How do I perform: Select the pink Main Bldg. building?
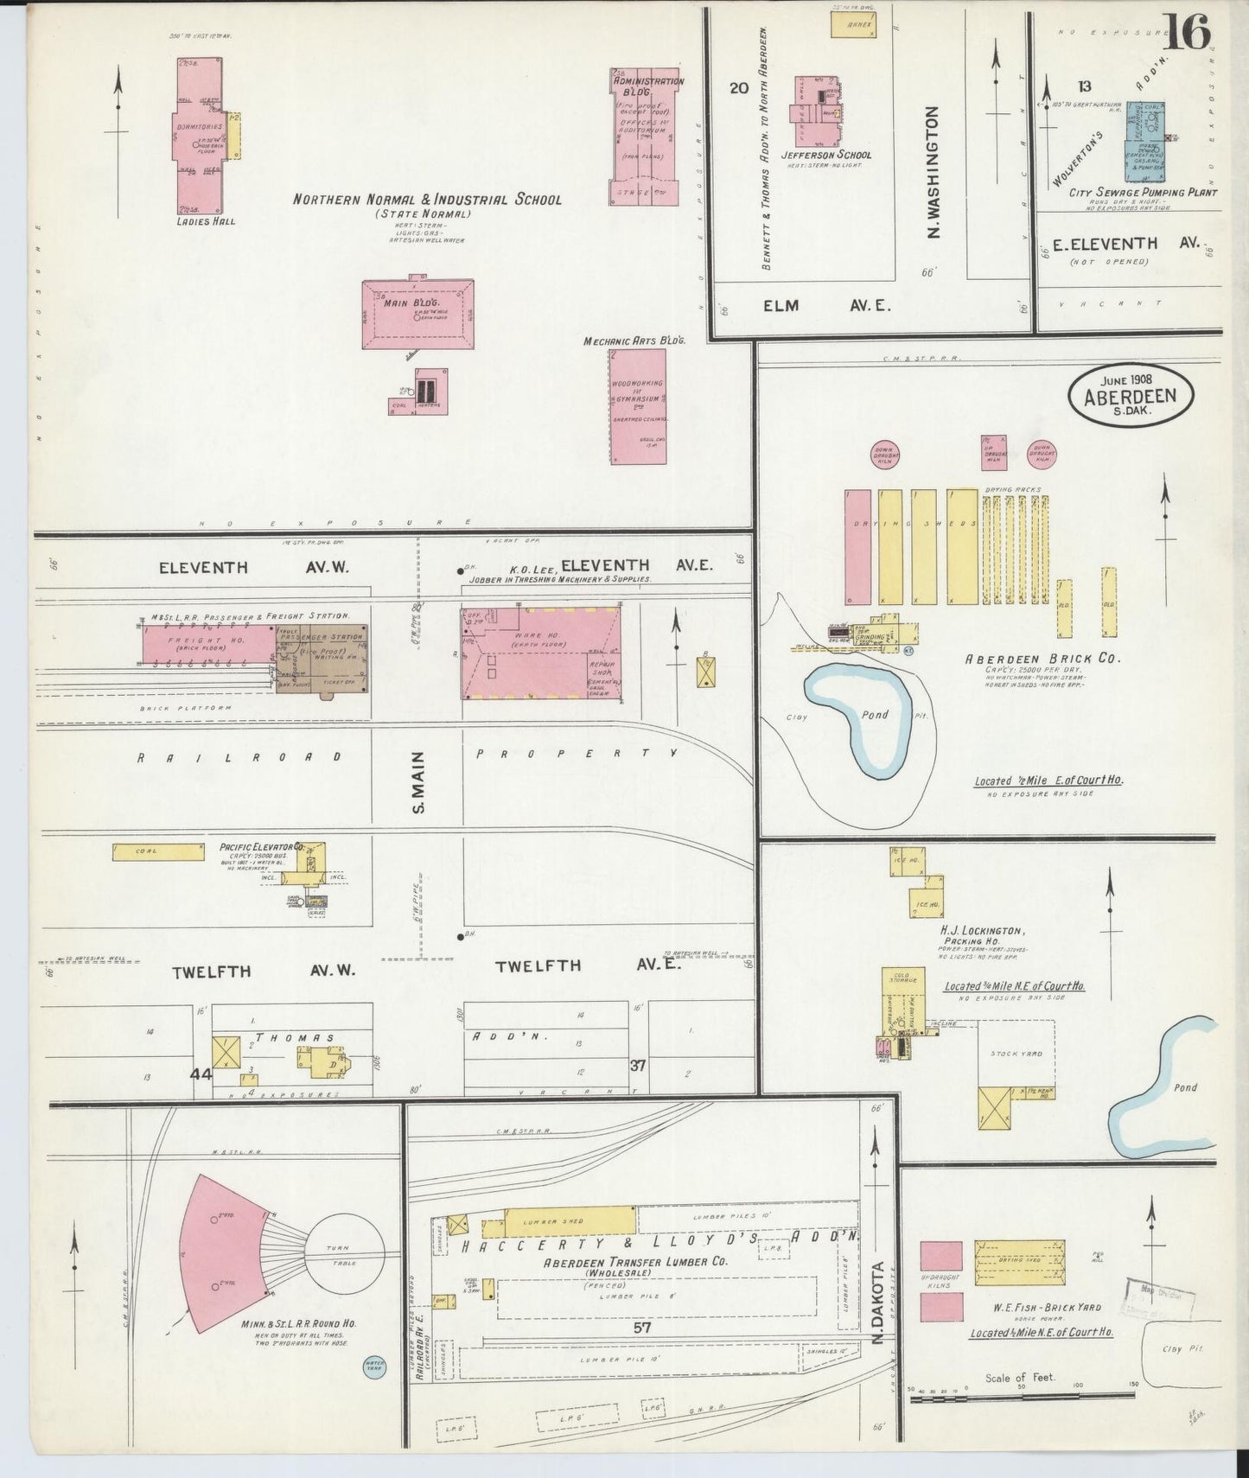pyautogui.click(x=417, y=314)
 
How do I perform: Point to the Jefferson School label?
pyautogui.click(x=825, y=156)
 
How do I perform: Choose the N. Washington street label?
pyautogui.click(x=933, y=173)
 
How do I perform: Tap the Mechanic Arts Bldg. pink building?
pyautogui.click(x=638, y=406)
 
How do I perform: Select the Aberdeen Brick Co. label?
pyautogui.click(x=1042, y=658)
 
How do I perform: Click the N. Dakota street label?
pyautogui.click(x=877, y=1296)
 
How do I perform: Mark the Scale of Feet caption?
pyautogui.click(x=1021, y=1377)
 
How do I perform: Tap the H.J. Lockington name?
pyautogui.click(x=982, y=931)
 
